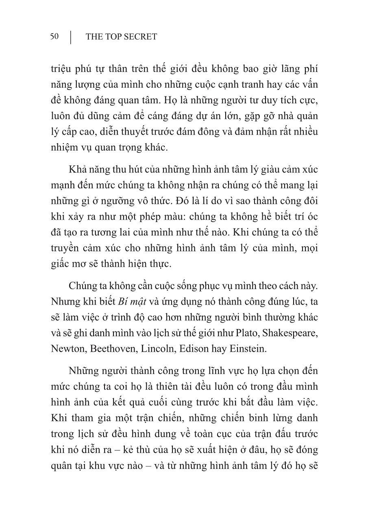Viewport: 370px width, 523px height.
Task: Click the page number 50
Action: coord(54,37)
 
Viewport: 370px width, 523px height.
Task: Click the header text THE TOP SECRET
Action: coord(121,37)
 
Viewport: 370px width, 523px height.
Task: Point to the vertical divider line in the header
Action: coord(71,37)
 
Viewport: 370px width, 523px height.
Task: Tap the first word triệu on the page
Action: coord(61,68)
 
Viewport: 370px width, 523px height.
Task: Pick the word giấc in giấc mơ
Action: coord(61,263)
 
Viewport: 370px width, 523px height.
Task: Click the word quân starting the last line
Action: coord(61,466)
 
